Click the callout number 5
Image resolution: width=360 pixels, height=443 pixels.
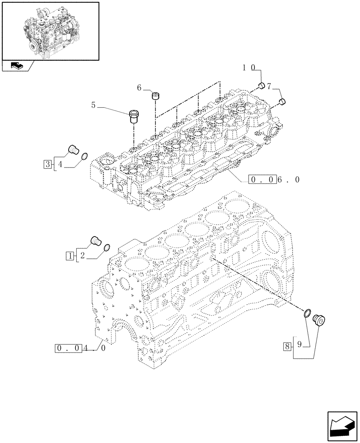click(94, 105)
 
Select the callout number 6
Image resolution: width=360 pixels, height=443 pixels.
click(139, 88)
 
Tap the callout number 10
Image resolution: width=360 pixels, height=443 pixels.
click(248, 68)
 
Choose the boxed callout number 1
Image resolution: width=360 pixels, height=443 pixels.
click(70, 256)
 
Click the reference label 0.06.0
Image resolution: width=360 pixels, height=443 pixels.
click(269, 180)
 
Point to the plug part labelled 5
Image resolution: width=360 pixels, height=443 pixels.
click(133, 116)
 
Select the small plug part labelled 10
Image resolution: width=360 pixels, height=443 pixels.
click(262, 85)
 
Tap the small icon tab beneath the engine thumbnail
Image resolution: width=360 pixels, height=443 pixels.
click(18, 66)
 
